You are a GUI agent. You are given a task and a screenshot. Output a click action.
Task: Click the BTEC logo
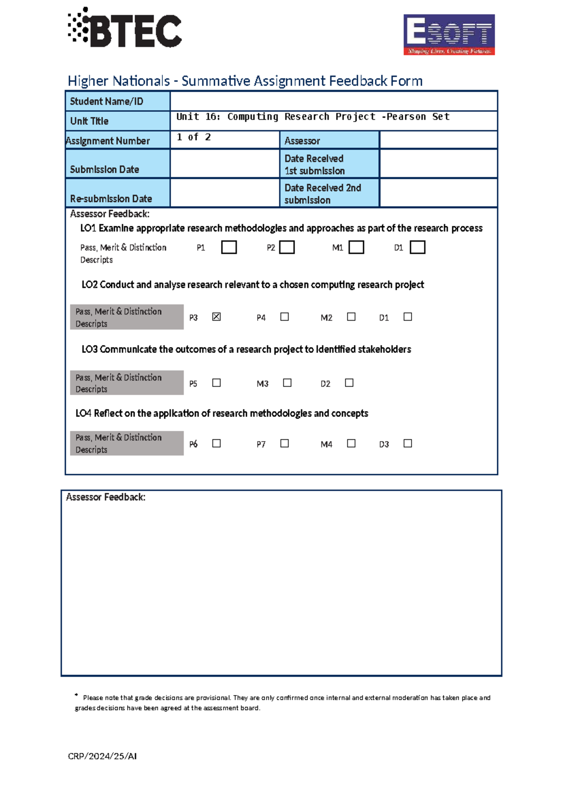point(125,28)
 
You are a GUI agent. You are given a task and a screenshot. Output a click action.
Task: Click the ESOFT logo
point(449,35)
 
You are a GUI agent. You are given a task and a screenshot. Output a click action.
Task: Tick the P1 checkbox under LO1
point(229,247)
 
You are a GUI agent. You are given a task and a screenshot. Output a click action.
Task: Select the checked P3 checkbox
point(216,317)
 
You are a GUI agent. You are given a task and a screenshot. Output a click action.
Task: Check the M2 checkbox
point(351,317)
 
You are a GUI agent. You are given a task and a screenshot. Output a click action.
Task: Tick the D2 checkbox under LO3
point(349,383)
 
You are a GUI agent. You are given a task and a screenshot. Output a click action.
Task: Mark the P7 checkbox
point(284,444)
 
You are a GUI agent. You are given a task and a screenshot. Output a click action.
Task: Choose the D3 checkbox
point(408,444)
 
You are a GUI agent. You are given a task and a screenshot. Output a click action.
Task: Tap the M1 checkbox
point(357,247)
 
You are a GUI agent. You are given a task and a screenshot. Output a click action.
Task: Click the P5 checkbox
point(216,383)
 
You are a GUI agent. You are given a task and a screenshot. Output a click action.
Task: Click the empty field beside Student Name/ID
point(333,101)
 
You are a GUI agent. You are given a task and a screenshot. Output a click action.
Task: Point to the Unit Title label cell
point(118,121)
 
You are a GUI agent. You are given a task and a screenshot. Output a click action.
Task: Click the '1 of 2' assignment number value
point(194,137)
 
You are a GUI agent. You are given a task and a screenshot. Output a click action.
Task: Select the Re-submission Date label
point(111,199)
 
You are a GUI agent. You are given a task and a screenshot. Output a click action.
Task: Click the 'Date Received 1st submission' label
point(314,165)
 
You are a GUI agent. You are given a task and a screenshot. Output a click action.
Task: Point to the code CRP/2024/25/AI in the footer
point(102,756)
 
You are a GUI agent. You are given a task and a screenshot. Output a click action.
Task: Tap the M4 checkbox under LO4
point(351,444)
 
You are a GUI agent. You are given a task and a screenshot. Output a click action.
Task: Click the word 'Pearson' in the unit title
point(406,116)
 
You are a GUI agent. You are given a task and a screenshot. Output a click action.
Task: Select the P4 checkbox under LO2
point(284,317)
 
